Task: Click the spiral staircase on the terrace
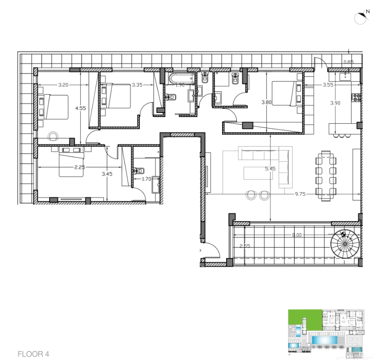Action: (345, 244)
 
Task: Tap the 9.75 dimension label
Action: (300, 194)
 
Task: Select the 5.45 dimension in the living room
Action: (270, 169)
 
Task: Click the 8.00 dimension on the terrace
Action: (296, 235)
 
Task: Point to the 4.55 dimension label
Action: (81, 108)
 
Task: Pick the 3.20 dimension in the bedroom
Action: (63, 85)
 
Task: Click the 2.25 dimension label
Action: (79, 167)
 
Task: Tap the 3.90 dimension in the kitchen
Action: (335, 103)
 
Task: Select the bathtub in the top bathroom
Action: (182, 78)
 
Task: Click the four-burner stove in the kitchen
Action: (356, 98)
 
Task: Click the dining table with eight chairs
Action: (326, 176)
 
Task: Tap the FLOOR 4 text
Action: (33, 354)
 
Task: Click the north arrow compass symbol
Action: (362, 17)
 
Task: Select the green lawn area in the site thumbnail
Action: (305, 317)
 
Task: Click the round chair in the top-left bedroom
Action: (53, 136)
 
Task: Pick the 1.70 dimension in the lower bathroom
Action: (146, 179)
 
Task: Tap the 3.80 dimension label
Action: (266, 102)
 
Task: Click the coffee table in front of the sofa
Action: (258, 173)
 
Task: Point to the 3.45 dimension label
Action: (107, 174)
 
